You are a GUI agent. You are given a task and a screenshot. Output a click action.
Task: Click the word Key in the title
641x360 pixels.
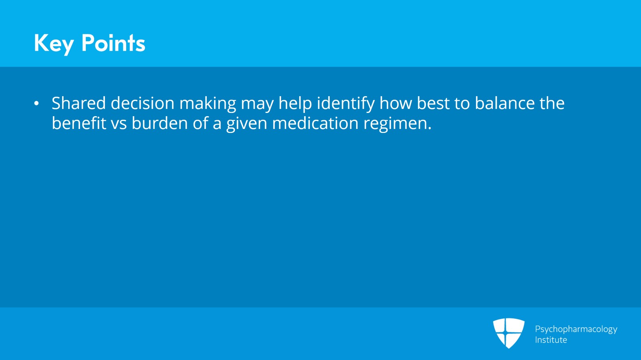[x=54, y=44]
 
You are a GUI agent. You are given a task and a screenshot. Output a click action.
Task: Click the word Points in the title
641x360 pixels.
[x=113, y=43]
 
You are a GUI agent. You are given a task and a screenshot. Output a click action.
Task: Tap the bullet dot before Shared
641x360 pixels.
[x=36, y=103]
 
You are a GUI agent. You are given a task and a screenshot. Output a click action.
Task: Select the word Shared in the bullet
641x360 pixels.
[x=79, y=103]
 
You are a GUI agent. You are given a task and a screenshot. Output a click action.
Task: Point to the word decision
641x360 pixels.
[x=143, y=103]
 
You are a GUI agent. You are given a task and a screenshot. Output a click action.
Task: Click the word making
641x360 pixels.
[x=208, y=105]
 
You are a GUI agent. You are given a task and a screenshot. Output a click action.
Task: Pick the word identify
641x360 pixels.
[x=346, y=105]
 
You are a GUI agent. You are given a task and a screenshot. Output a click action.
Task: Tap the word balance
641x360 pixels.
[x=505, y=103]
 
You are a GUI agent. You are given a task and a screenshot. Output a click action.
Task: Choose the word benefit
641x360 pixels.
[x=79, y=123]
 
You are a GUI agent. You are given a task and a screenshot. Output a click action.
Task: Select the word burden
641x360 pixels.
[x=160, y=123]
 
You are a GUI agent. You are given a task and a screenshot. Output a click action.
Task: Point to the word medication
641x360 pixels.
[x=315, y=123]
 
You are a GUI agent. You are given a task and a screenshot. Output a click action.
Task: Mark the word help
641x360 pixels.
[x=295, y=105]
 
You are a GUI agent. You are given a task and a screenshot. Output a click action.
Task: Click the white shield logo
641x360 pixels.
[x=509, y=333]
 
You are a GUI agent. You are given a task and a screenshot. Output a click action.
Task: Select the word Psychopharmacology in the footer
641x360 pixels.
[x=576, y=330]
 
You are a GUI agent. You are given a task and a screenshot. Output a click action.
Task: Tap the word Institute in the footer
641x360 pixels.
[x=551, y=340]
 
